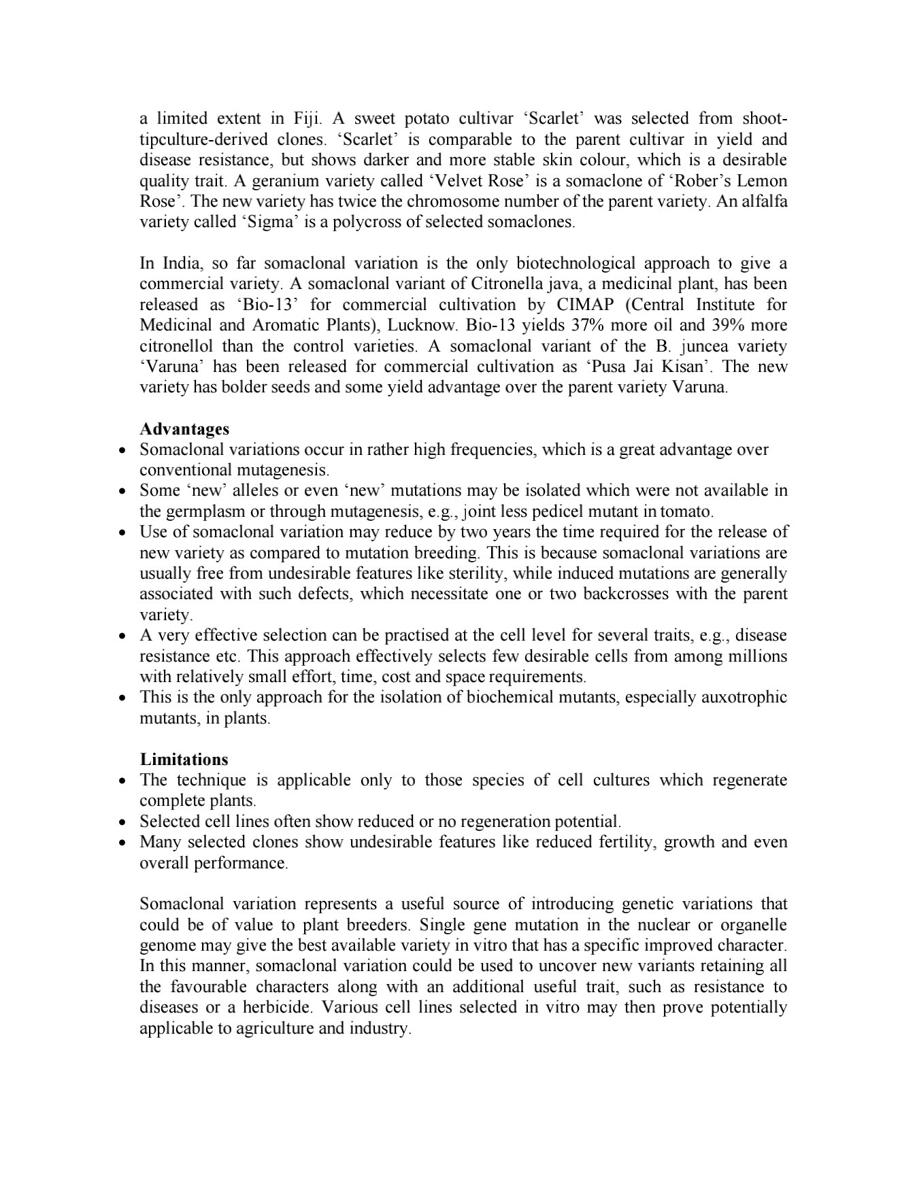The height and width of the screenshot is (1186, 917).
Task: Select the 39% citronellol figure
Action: tap(721, 325)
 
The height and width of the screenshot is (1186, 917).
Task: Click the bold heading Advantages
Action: tap(184, 429)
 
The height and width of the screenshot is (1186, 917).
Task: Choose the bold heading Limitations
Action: tap(184, 759)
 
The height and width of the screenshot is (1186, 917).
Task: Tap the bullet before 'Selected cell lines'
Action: tap(122, 822)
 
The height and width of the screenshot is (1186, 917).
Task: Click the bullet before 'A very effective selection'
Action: tap(122, 637)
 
